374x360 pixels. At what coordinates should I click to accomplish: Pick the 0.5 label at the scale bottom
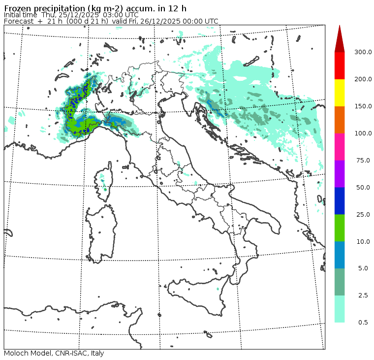pos(363,323)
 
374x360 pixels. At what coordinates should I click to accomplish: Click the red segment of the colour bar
pos(340,65)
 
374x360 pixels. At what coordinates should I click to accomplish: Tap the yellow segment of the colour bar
pos(340,93)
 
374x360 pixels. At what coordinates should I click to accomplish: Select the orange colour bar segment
pos(340,120)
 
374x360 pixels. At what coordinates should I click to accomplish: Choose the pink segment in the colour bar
pos(340,147)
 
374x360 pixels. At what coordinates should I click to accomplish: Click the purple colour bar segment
pos(340,174)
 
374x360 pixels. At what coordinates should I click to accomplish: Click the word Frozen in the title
pos(17,8)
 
